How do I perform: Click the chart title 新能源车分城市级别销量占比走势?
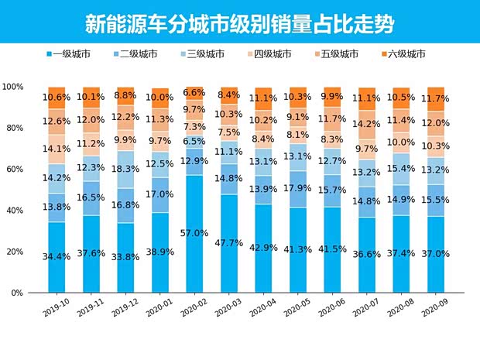tap(239, 23)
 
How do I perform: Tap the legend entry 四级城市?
tap(272, 54)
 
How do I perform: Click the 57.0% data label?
tap(195, 233)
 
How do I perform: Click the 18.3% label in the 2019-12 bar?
tap(126, 169)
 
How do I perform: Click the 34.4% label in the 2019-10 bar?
tap(57, 256)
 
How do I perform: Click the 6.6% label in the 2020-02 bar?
tap(195, 93)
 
